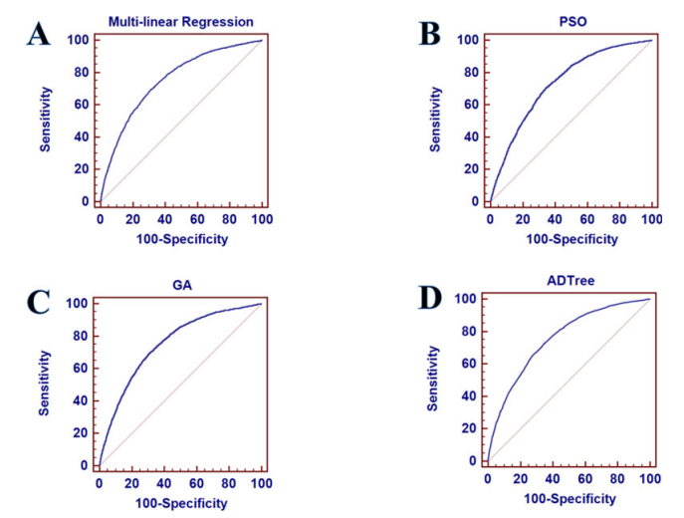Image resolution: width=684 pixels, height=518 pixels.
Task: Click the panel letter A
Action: (x=38, y=32)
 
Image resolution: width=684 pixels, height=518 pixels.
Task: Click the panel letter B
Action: (x=429, y=32)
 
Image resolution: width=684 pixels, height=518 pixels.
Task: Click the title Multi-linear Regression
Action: (x=180, y=20)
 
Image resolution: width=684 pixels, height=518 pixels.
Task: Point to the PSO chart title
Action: (x=570, y=20)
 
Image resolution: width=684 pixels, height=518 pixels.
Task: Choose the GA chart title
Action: (x=179, y=284)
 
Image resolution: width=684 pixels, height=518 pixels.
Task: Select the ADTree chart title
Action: (x=568, y=280)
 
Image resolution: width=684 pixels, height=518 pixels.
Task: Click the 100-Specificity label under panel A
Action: (x=180, y=239)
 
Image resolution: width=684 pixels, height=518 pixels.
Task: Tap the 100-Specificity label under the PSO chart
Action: (x=570, y=239)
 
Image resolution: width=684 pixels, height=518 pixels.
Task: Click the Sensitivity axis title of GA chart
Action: (x=45, y=383)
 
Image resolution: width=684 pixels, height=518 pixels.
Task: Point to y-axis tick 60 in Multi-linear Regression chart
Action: (x=82, y=104)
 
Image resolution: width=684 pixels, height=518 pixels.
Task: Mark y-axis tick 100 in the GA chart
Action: (x=79, y=303)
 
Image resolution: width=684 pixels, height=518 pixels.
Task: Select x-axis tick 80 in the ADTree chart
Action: (x=617, y=480)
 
